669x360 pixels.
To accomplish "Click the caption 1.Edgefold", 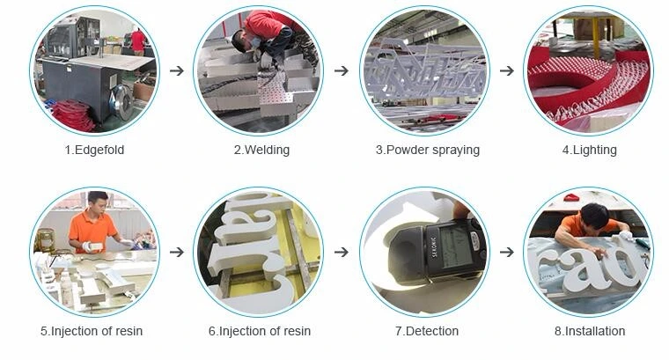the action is pos(94,151).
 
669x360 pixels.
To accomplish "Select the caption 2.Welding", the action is pos(261,151).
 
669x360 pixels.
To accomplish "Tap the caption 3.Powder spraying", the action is pos(428,151).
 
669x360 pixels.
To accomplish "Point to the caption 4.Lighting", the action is pos(589,151).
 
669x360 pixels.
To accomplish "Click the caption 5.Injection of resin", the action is pos(92,331).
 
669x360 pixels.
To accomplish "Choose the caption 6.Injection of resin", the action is pos(260,331).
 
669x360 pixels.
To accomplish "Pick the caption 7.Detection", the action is pos(427,331).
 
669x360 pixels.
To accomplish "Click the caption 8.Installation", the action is pos(590,331).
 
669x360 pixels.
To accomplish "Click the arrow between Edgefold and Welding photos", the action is pos(177,70).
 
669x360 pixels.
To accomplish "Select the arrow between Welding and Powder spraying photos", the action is pos(342,70).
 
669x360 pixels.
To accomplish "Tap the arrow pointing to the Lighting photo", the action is pos(507,70).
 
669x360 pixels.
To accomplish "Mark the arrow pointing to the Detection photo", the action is pos(342,252).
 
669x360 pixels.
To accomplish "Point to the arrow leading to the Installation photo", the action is pos(507,252).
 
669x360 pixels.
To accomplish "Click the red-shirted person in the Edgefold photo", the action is pos(138,41).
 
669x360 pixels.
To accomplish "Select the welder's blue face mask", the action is pos(255,41).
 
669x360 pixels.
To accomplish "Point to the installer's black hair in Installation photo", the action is pos(594,215).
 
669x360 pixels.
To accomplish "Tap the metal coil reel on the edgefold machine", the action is pos(122,101).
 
